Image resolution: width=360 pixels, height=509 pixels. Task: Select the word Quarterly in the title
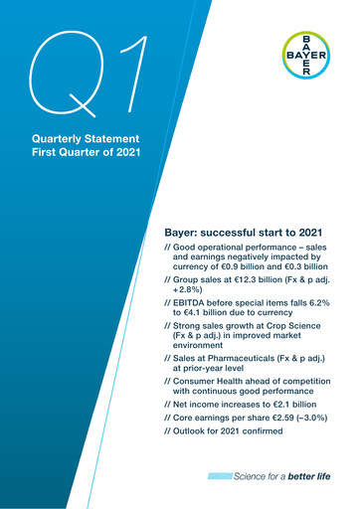(59, 137)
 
